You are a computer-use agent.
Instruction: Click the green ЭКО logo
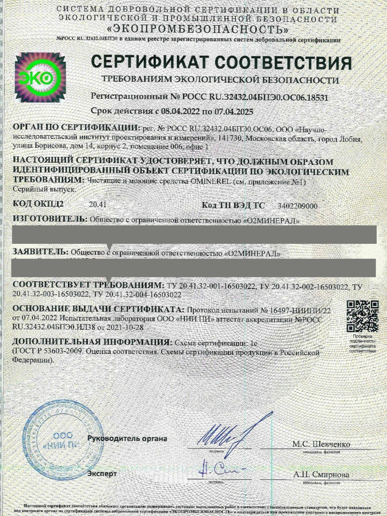click(x=40, y=77)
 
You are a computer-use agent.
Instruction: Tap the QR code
click(x=362, y=316)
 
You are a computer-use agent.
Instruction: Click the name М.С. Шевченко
click(x=321, y=444)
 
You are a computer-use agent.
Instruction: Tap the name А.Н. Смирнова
click(x=321, y=475)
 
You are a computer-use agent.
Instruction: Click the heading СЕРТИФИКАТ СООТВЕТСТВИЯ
click(x=221, y=63)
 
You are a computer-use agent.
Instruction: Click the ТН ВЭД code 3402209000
click(x=298, y=206)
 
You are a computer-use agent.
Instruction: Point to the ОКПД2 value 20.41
click(x=98, y=204)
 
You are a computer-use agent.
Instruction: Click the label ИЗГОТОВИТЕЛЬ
click(x=50, y=219)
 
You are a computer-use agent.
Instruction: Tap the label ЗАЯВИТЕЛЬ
click(x=40, y=252)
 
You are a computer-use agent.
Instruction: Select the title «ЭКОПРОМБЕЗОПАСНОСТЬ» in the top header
click(x=198, y=30)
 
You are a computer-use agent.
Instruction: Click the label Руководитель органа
click(x=127, y=439)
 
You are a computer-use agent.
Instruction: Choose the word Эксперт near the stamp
click(x=102, y=473)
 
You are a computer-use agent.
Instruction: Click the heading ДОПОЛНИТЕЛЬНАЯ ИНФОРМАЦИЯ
click(x=91, y=342)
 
